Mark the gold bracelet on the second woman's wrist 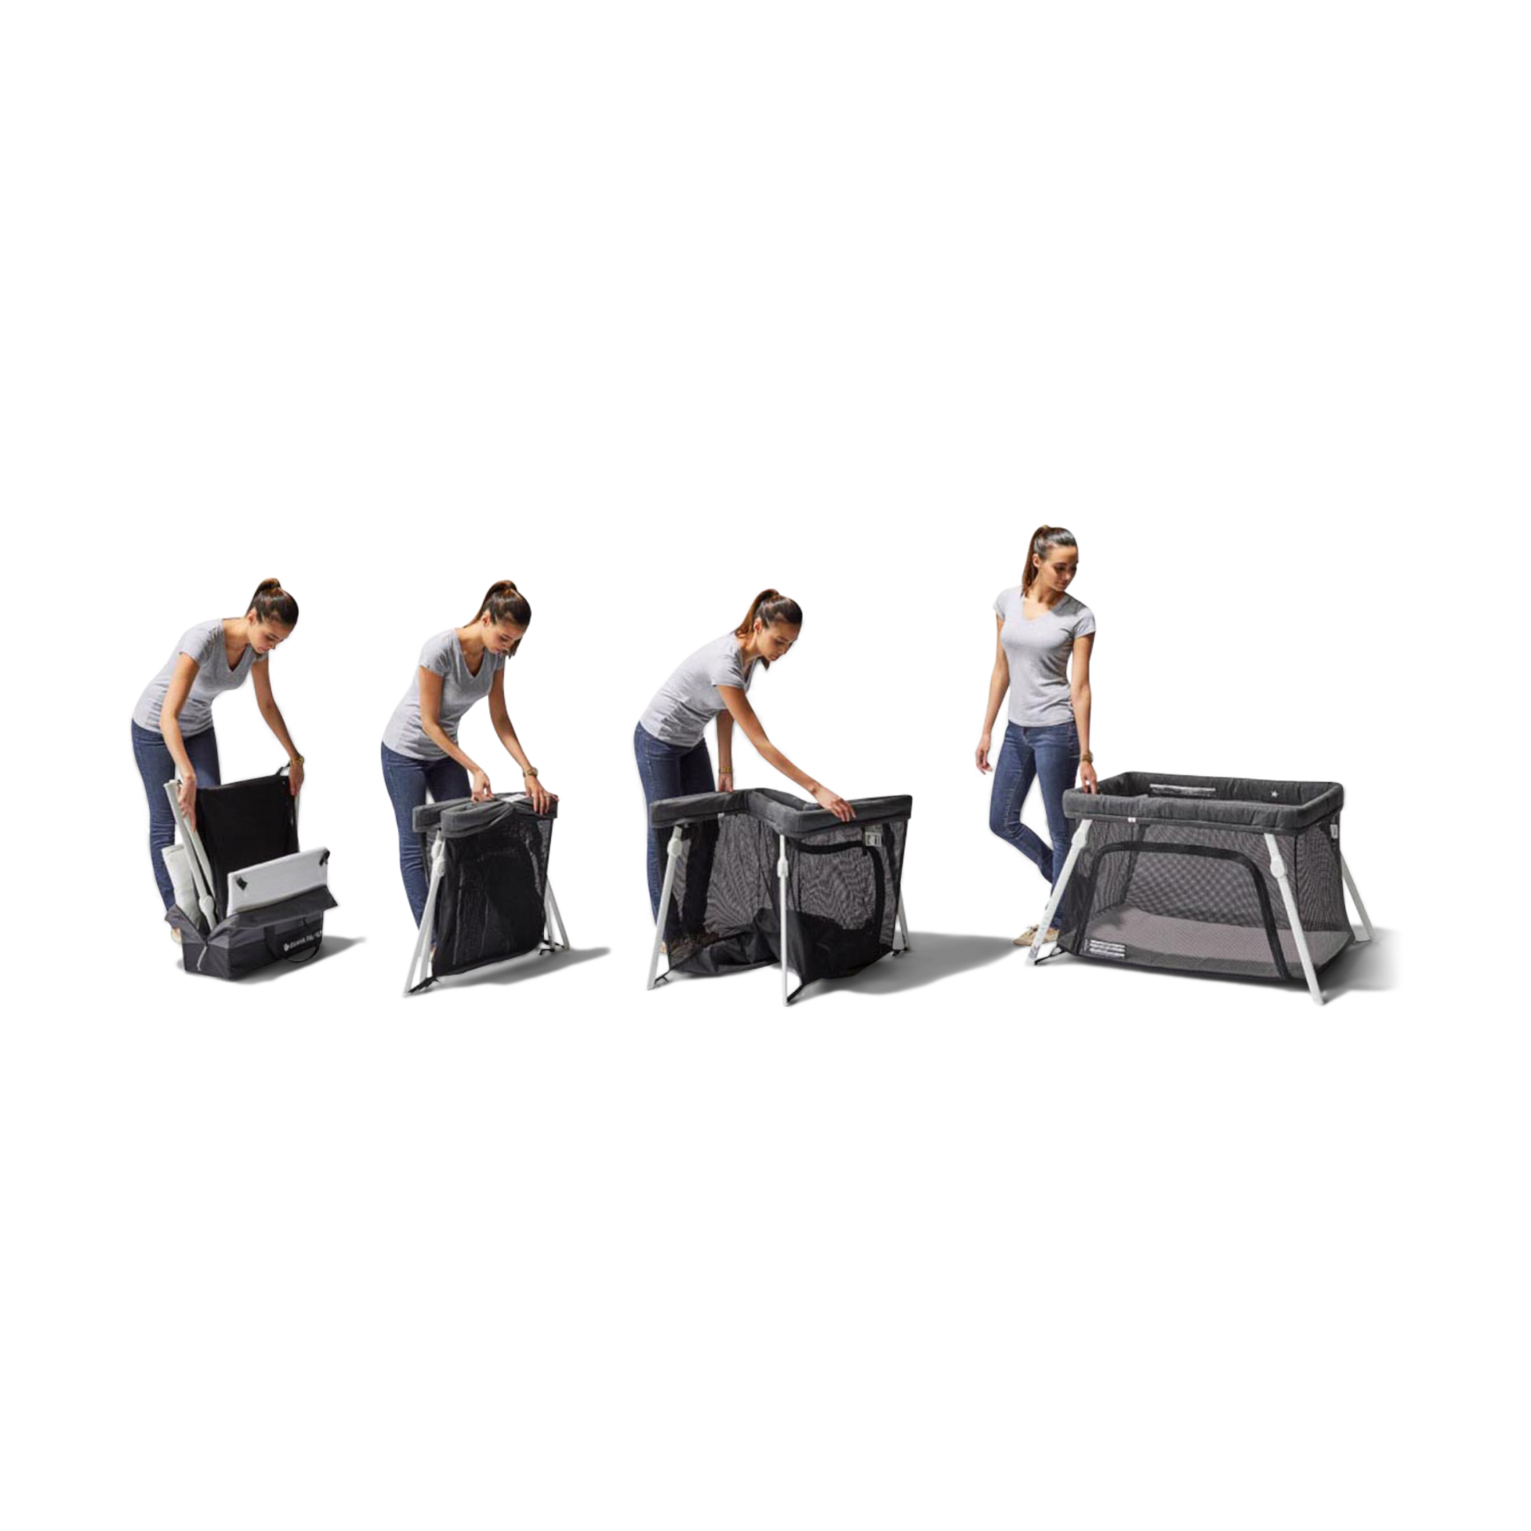(529, 773)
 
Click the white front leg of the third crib (785, 917)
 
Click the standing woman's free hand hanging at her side (982, 762)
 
